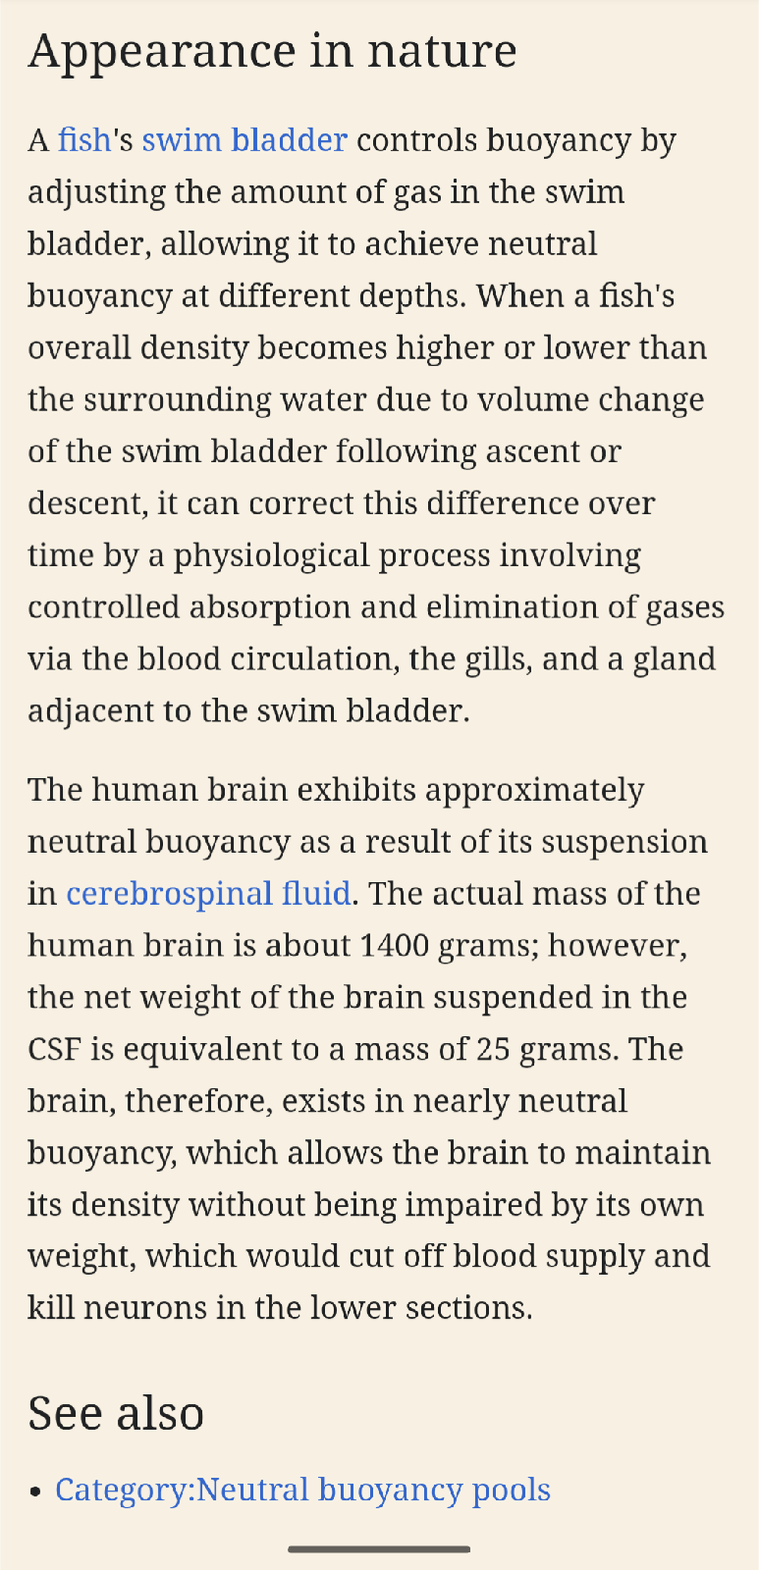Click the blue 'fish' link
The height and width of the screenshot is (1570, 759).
83,140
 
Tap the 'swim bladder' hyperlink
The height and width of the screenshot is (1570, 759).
244,140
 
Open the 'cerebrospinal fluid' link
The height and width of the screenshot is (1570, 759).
208,894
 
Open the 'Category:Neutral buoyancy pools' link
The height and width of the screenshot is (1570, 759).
302,1490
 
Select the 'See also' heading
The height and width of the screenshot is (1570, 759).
116,1414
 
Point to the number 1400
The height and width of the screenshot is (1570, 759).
395,946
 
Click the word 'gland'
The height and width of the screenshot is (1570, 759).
675,658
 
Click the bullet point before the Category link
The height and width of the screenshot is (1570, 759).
36,1491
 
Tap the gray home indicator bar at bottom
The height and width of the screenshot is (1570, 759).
379,1549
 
